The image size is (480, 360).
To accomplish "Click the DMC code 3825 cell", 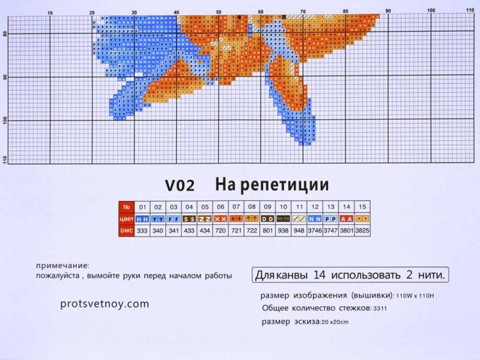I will coord(362,231).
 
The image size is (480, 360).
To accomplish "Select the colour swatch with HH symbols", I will coord(142,218).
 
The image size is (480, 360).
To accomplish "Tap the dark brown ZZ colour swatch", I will coord(205,218).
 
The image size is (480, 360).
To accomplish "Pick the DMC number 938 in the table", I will coord(284,231).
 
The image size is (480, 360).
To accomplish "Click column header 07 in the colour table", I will coord(236,207).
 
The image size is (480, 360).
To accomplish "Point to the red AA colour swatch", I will coord(346,218).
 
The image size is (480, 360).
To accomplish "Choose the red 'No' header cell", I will coord(126,207).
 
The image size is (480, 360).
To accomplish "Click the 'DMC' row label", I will coord(126,231).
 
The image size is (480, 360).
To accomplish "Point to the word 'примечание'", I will coord(63,265).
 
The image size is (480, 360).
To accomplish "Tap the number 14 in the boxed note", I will coord(319,275).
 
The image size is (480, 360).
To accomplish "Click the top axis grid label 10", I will coord(51,12).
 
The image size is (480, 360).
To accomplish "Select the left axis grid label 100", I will coord(6,120).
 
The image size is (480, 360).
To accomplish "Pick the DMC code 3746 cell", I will coord(315,231).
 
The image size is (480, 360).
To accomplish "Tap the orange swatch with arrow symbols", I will coord(252,218).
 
